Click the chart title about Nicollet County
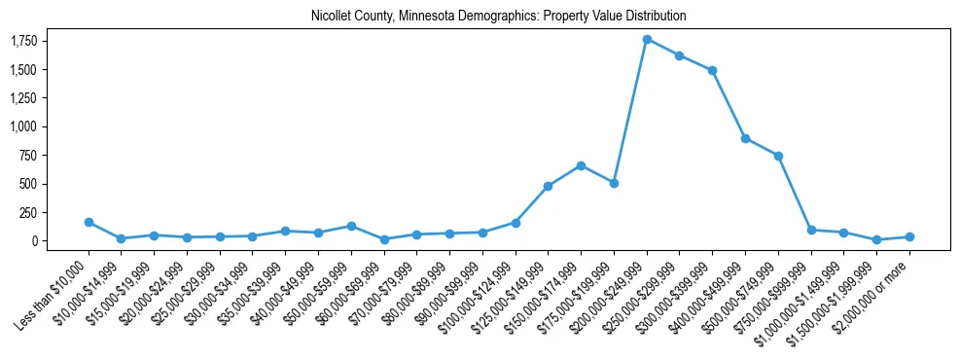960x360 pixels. tap(499, 16)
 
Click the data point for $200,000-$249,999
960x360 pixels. tap(647, 39)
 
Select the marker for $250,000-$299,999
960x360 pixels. tap(680, 55)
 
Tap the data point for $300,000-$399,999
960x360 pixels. tap(713, 70)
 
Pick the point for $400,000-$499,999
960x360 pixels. tap(745, 138)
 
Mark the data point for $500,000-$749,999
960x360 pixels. tap(778, 156)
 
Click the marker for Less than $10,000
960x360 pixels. tap(89, 222)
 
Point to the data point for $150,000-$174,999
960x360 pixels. tap(581, 165)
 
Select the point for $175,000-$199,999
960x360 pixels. tap(614, 183)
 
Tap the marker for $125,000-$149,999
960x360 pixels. tap(548, 186)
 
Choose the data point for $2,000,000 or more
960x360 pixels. tap(909, 236)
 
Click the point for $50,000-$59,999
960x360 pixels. tap(351, 226)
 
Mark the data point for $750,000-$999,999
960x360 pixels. tap(811, 230)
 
